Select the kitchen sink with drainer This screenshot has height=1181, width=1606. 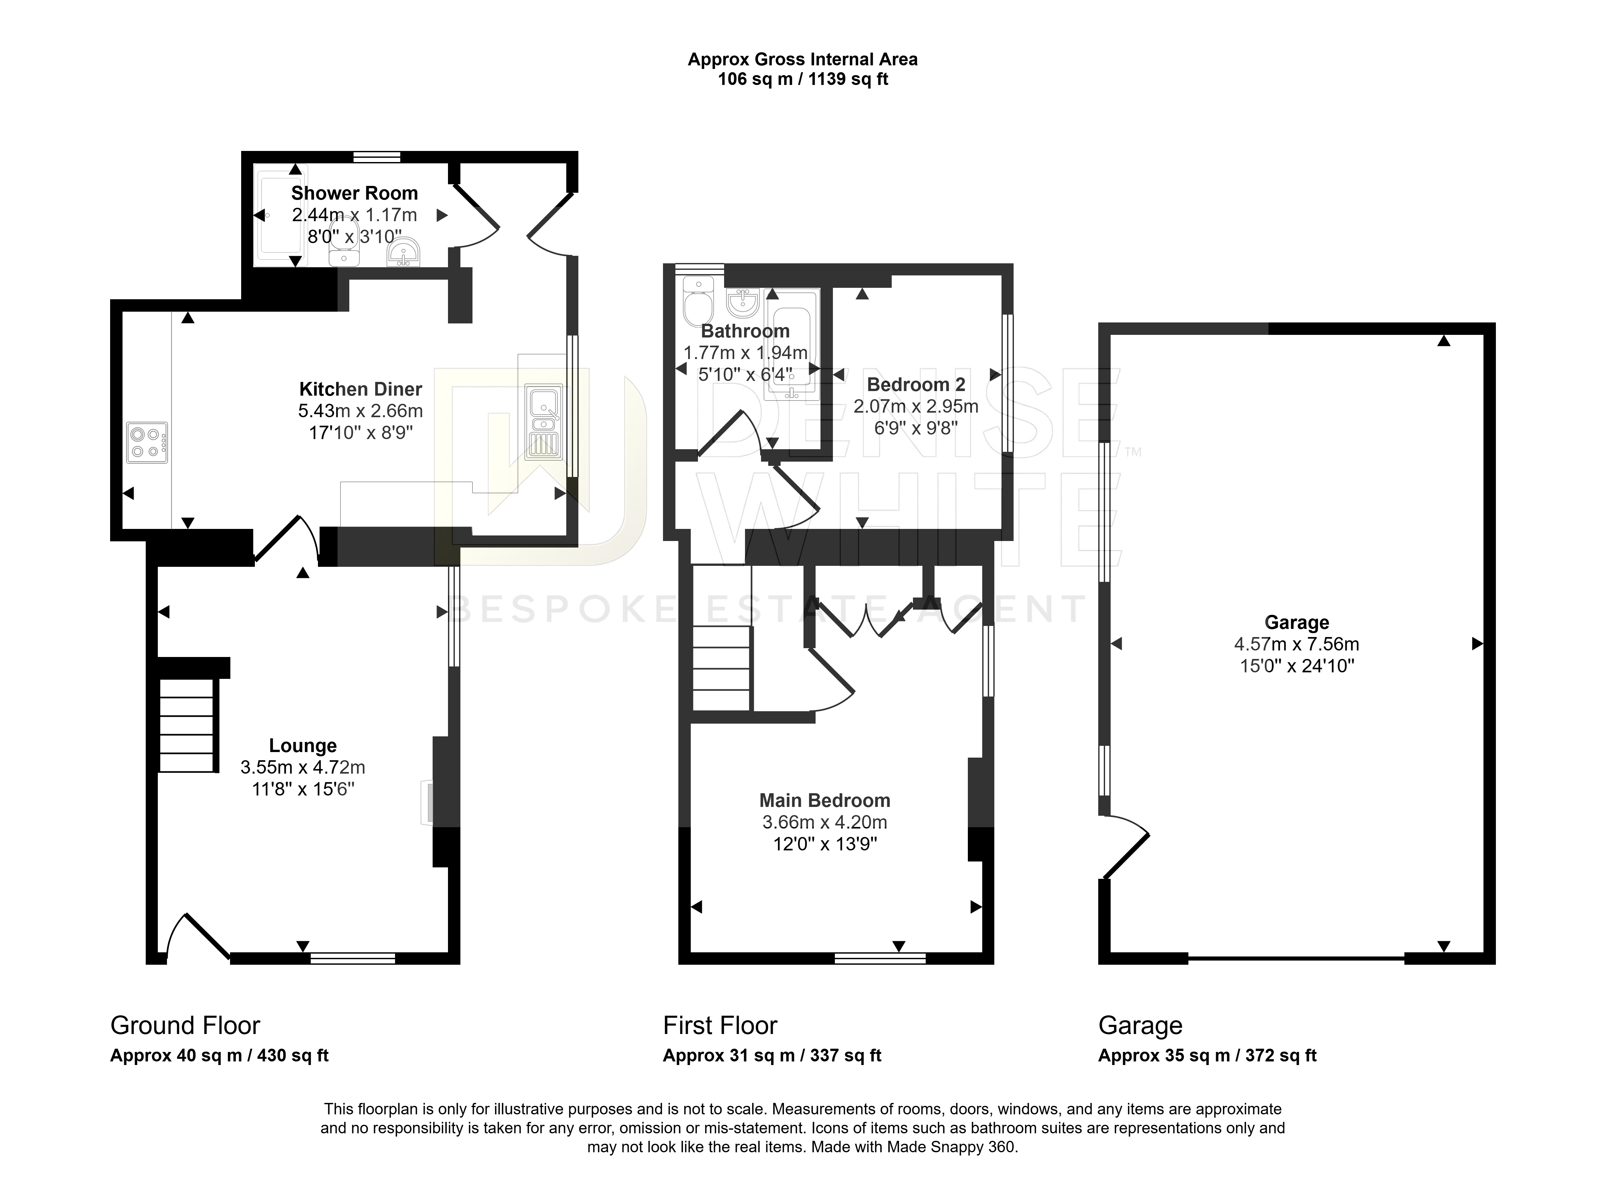point(543,422)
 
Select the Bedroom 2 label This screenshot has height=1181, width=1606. point(916,385)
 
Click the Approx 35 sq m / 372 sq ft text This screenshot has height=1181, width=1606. point(1207,1055)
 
